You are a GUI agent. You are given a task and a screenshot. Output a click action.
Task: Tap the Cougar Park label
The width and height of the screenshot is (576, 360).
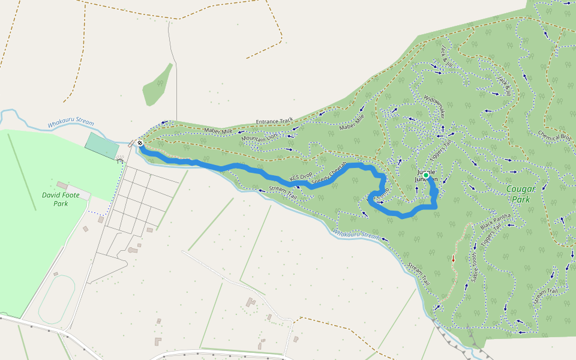[x=520, y=194]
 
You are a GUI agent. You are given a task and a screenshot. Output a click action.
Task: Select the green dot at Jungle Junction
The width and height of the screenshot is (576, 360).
[x=426, y=175]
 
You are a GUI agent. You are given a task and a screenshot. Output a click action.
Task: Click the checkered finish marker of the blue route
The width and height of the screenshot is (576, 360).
[x=140, y=143]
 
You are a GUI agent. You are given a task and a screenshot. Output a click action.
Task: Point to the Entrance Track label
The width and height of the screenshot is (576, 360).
[x=274, y=121]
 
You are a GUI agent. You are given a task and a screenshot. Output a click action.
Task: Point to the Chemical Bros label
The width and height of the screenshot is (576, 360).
[x=553, y=143]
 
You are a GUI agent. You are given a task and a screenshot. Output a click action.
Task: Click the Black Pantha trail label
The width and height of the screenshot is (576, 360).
[x=496, y=221]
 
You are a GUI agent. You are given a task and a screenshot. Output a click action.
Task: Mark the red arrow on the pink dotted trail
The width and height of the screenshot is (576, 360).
[x=454, y=260]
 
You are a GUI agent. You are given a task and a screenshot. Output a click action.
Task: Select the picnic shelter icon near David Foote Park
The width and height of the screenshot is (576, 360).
[x=119, y=160]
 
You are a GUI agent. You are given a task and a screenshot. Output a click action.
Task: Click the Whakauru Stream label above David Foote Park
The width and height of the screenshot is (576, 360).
[x=71, y=123]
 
